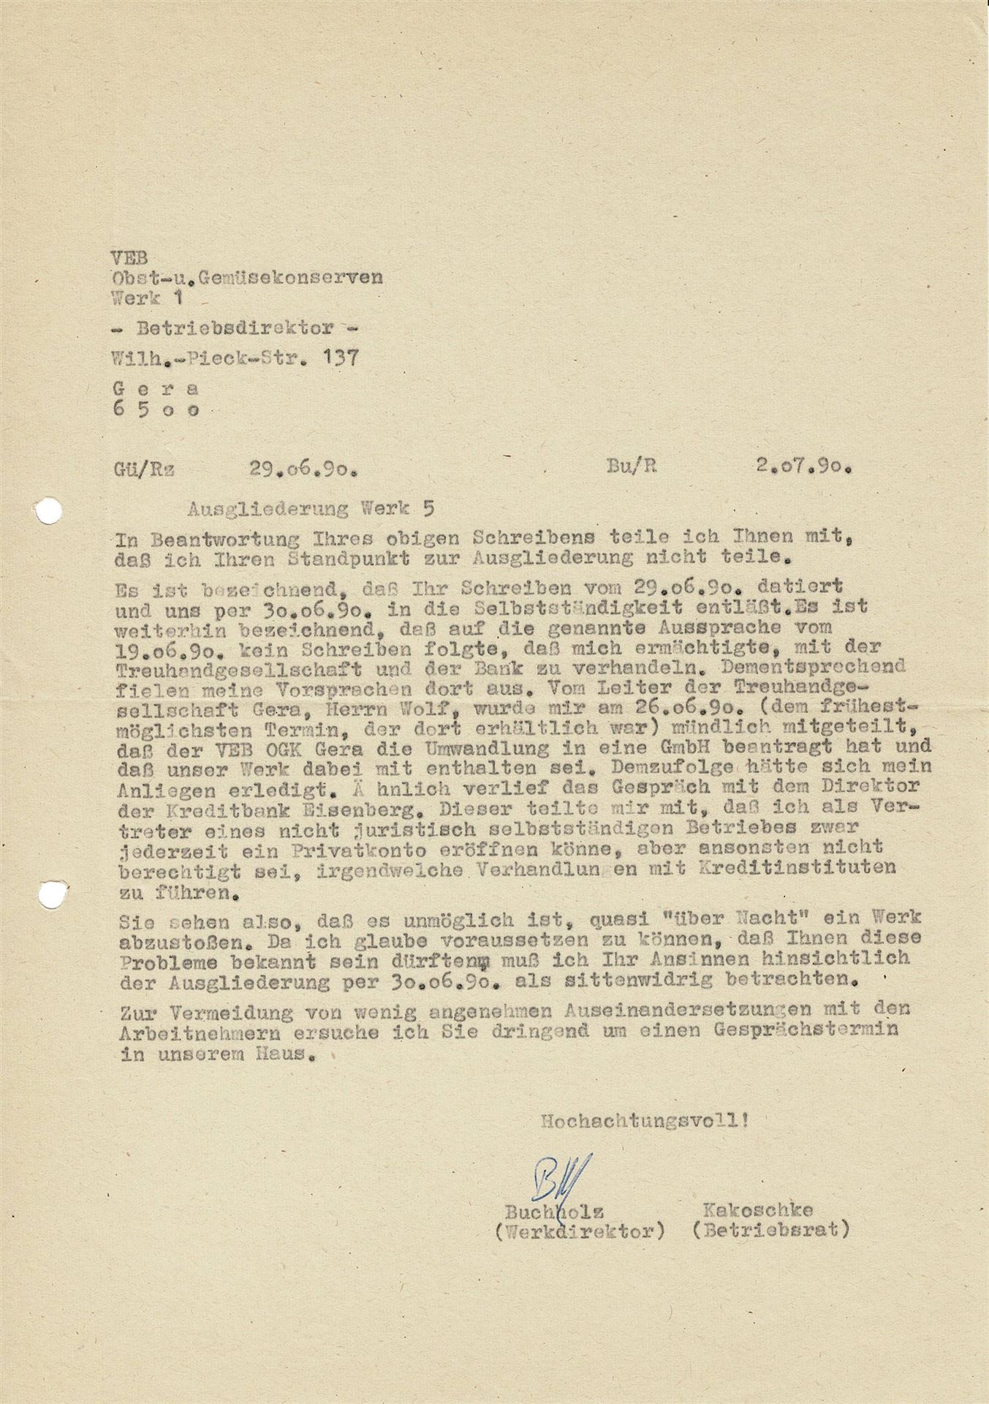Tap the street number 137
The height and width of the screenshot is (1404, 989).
pos(339,358)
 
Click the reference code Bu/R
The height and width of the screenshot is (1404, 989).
pos(632,467)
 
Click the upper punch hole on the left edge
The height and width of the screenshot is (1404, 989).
pos(48,510)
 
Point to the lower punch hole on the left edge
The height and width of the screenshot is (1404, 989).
pos(50,893)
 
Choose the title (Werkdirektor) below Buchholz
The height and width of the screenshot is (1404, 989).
pos(578,1231)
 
